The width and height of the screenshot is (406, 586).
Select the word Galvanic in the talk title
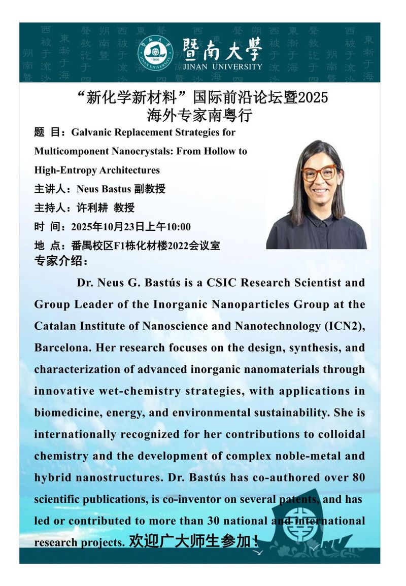pyautogui.click(x=92, y=132)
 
